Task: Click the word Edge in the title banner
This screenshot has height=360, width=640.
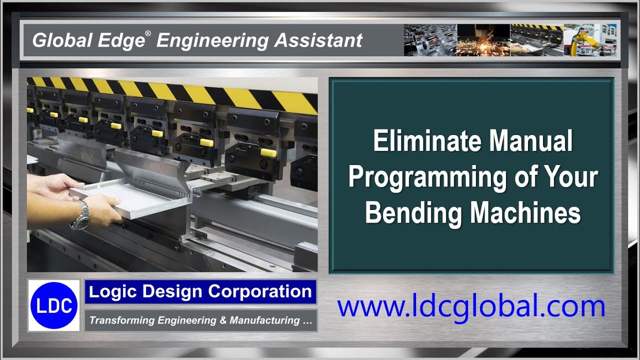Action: (121, 41)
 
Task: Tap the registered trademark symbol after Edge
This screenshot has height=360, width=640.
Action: (148, 33)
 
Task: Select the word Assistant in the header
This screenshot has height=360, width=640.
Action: (318, 40)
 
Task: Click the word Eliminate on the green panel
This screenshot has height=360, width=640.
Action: (427, 141)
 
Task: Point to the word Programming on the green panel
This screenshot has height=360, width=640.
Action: (428, 178)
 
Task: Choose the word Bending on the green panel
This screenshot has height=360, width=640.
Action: (413, 213)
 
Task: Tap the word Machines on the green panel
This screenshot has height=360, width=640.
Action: (525, 213)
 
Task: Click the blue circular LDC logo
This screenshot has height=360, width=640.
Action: (54, 305)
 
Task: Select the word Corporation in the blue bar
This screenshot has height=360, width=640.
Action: (259, 291)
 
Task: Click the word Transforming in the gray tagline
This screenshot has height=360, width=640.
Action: (121, 320)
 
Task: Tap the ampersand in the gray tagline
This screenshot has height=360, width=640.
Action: (223, 320)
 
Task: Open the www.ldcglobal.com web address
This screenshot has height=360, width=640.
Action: (471, 307)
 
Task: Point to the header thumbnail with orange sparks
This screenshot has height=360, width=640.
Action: (483, 40)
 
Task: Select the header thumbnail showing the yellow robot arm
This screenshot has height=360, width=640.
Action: (590, 40)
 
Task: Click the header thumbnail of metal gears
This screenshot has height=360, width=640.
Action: (430, 40)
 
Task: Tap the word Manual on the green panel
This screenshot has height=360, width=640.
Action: (530, 141)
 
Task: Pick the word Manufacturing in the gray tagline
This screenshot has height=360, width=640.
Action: (264, 320)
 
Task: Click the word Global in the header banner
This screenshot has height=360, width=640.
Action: (62, 40)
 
